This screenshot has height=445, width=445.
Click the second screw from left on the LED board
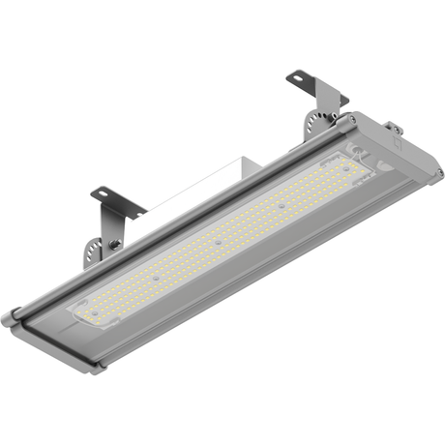click(x=219, y=239)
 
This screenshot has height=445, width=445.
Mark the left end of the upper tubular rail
click(x=17, y=314)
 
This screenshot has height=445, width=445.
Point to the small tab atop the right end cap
click(x=392, y=126)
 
